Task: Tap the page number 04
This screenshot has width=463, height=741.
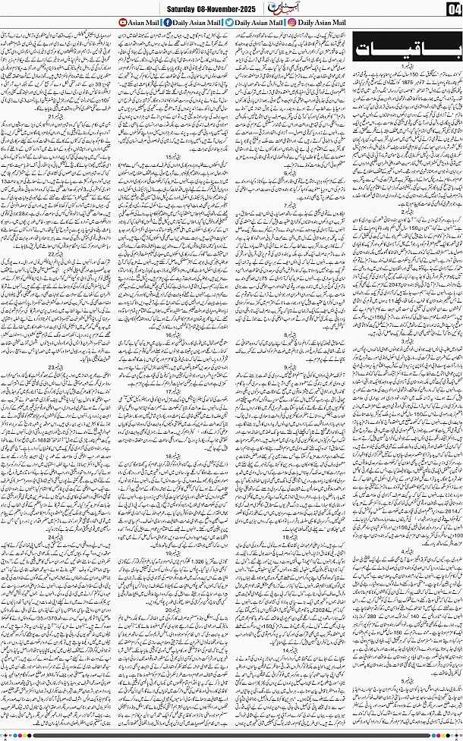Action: (x=452, y=9)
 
